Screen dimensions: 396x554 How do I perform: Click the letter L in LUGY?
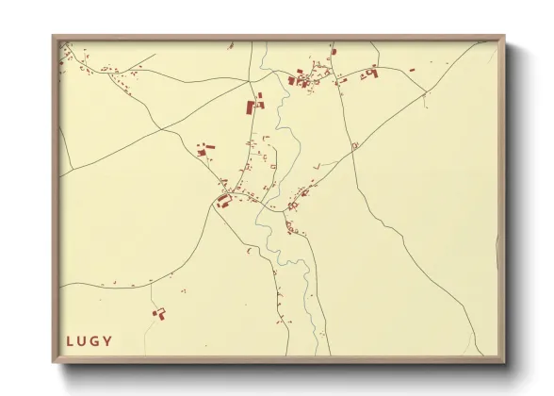pyautogui.click(x=70, y=340)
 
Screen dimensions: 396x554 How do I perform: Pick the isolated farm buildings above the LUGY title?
pyautogui.click(x=158, y=312)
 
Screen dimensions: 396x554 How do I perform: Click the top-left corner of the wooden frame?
pyautogui.click(x=54, y=38)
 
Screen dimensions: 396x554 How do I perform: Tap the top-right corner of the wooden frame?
pyautogui.click(x=503, y=38)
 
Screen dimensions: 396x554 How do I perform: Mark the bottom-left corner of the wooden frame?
pyautogui.click(x=54, y=362)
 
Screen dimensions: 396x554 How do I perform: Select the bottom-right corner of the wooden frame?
pyautogui.click(x=503, y=362)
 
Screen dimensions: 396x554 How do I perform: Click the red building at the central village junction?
pyautogui.click(x=224, y=200)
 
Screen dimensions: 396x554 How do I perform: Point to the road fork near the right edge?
pyautogui.click(x=426, y=92)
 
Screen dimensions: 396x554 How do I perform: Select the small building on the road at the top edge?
pyautogui.click(x=333, y=51)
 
